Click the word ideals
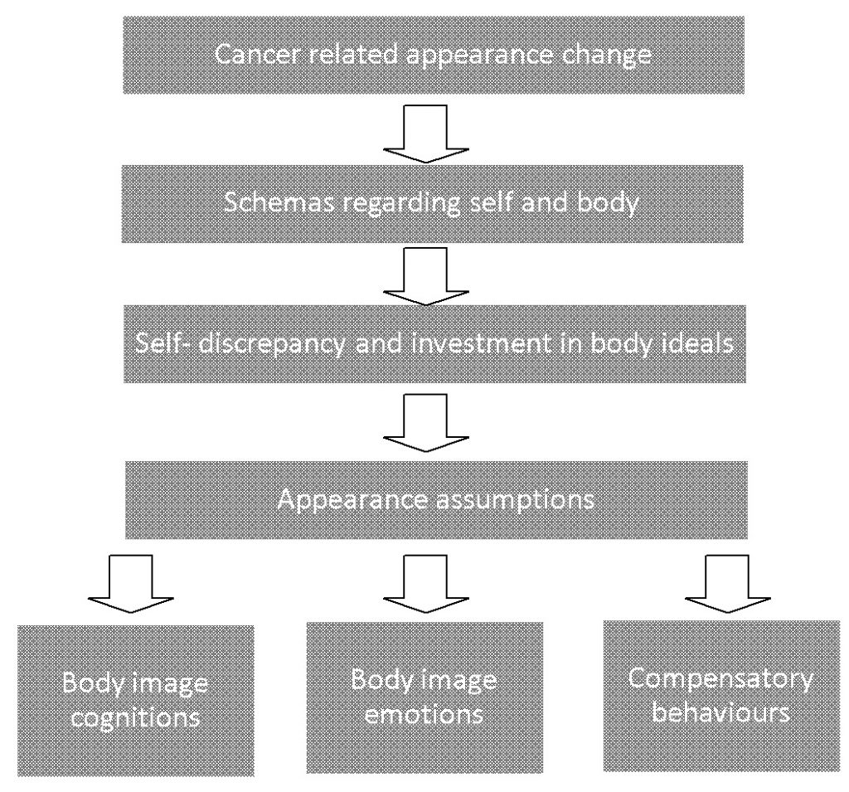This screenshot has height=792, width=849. coord(696,344)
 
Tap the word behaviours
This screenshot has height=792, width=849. coord(719,712)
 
